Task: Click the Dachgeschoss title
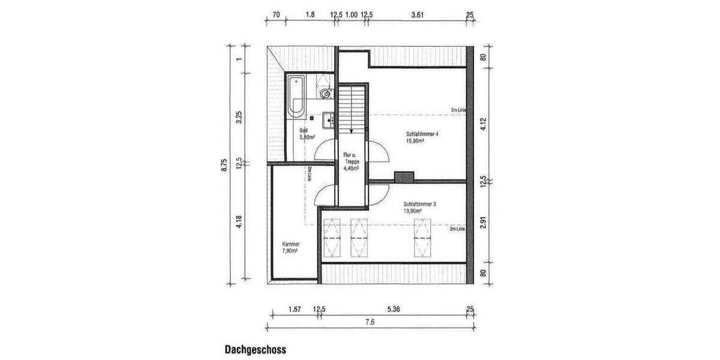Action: click(255, 349)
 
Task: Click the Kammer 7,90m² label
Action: click(290, 248)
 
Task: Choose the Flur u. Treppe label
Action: click(350, 161)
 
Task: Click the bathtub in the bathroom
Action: click(296, 96)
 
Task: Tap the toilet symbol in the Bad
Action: click(325, 94)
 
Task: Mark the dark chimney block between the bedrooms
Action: click(404, 176)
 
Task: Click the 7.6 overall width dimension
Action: click(370, 322)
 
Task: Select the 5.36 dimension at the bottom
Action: click(394, 310)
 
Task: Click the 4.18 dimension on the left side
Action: click(239, 226)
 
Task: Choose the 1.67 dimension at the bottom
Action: click(294, 310)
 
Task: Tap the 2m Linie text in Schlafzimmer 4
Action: click(458, 110)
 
